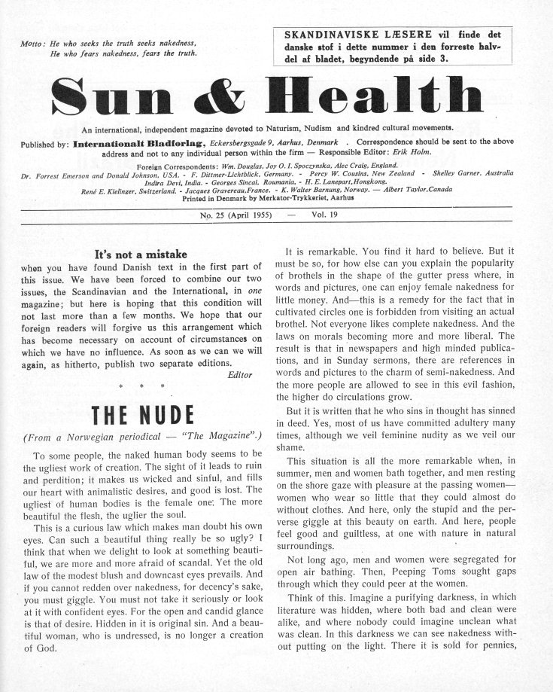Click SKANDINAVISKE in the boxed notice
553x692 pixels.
pyautogui.click(x=324, y=35)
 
